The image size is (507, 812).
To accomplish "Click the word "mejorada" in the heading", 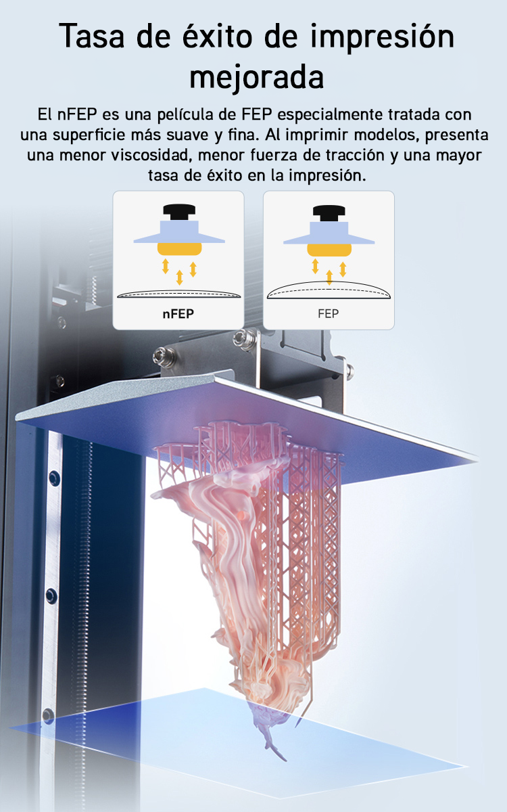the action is point(256,77).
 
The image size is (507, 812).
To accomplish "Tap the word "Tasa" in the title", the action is point(92,37).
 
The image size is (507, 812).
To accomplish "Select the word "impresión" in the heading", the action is point(382,38).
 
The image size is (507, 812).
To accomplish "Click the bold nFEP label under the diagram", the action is point(178,313).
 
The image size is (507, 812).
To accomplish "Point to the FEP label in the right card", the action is point(328,313).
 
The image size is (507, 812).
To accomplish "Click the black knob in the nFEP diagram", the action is point(179,212).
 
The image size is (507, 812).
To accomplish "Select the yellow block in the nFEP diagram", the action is point(179,250).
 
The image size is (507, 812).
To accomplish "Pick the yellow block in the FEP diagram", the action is point(329,250).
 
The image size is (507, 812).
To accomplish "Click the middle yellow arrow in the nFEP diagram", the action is point(180,277).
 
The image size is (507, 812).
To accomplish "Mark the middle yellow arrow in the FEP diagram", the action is point(329,277).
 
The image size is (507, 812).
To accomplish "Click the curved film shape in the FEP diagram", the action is point(329,290).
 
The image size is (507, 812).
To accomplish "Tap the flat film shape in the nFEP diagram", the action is point(179,294).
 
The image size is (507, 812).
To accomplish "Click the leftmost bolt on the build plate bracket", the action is point(161,356).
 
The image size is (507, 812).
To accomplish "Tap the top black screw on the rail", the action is point(54,478).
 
